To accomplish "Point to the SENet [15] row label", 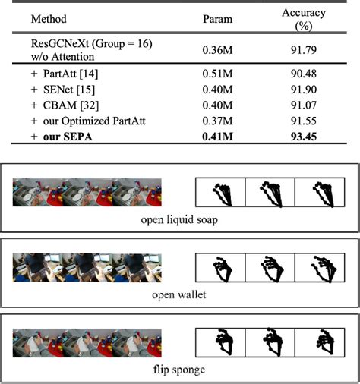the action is point(59,90).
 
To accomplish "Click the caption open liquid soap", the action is point(179,221).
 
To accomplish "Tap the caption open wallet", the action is point(179,293).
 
